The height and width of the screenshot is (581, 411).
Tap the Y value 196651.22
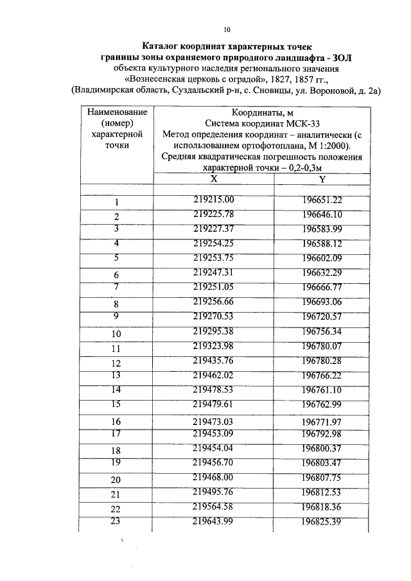pyautogui.click(x=322, y=200)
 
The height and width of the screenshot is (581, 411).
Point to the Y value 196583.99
pyautogui.click(x=322, y=229)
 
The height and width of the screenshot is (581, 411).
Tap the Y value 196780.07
pyautogui.click(x=322, y=346)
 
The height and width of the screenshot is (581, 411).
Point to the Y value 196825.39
pyautogui.click(x=322, y=521)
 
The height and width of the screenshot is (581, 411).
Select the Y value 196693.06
pyautogui.click(x=322, y=302)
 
